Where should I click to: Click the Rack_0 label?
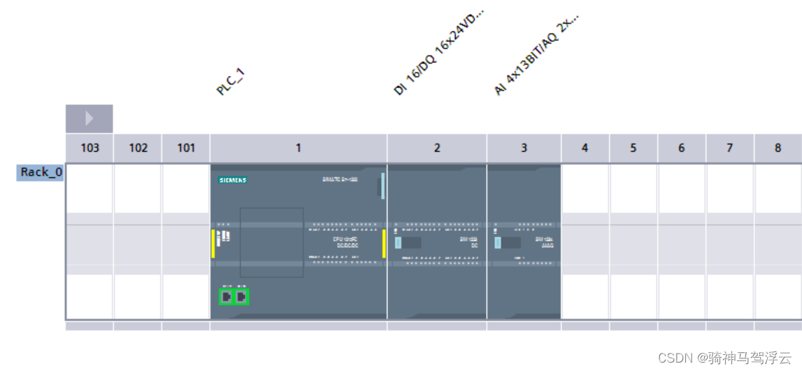pos(41,173)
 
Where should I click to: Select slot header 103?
pos(89,148)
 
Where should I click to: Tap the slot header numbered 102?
pos(138,148)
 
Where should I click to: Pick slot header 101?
pos(186,148)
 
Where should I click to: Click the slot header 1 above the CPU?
pos(299,148)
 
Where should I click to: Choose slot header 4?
pos(585,148)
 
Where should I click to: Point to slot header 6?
pos(681,148)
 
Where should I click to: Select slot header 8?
pos(778,148)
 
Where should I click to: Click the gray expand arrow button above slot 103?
pos(89,119)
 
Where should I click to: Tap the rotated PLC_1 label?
pos(231,82)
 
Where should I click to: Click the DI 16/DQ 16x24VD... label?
pos(438,52)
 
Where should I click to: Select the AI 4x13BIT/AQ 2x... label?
pos(536,55)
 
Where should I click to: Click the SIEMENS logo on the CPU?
pos(233,180)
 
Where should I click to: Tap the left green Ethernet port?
pos(226,297)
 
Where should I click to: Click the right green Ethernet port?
pos(241,297)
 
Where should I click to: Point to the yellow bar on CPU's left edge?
pos(213,243)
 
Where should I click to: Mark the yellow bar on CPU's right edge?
pos(384,243)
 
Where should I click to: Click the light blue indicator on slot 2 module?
pos(398,243)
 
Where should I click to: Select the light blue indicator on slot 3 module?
pos(498,243)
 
